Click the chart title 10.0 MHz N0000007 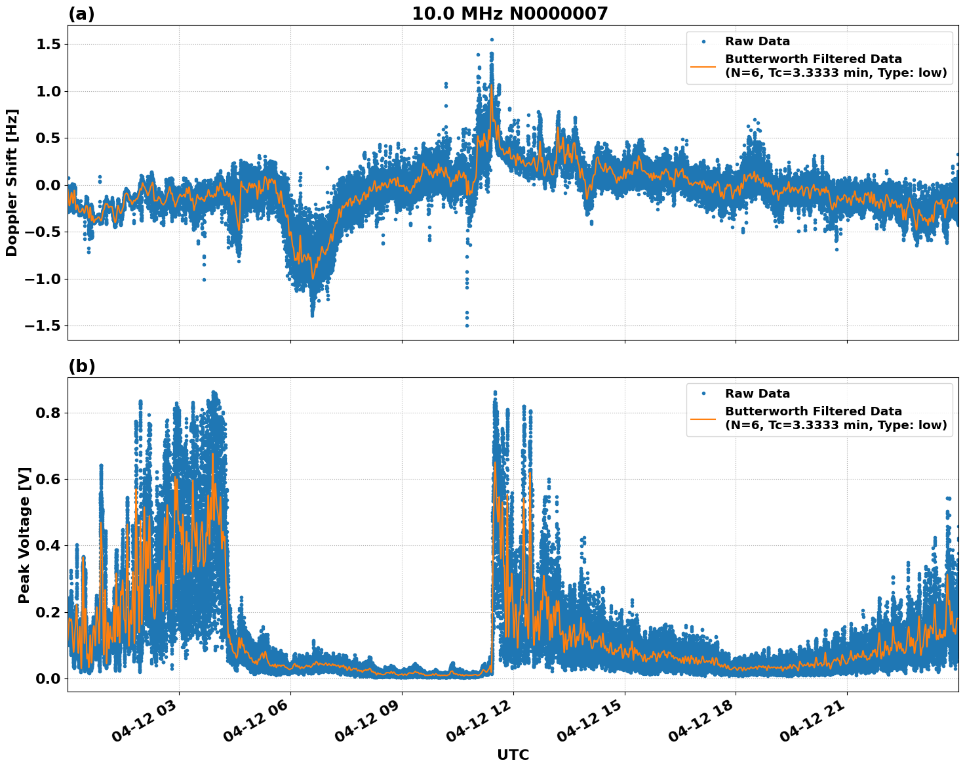tap(509, 14)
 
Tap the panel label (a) tap(81, 14)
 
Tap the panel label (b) tap(81, 367)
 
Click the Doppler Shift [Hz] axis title tap(12, 182)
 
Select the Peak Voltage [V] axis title tap(24, 535)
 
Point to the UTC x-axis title tap(513, 755)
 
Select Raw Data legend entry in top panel tap(757, 41)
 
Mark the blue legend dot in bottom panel tap(703, 394)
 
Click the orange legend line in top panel tap(703, 66)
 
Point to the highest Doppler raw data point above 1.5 tap(492, 40)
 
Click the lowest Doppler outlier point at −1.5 tap(467, 325)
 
